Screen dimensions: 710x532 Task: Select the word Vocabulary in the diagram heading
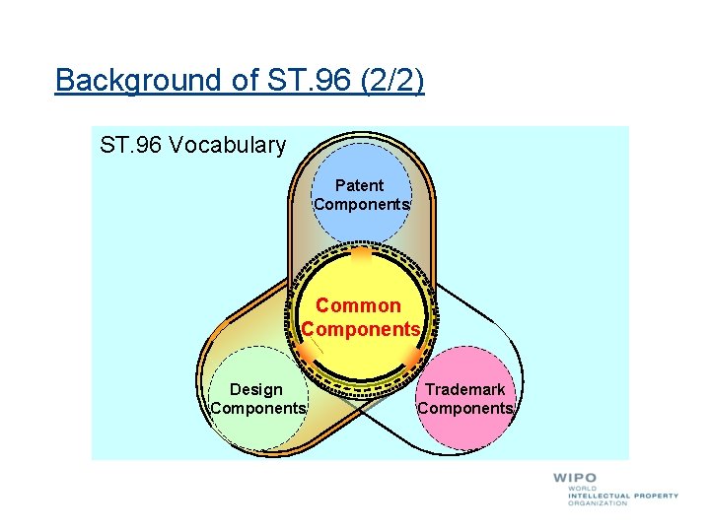[x=227, y=146]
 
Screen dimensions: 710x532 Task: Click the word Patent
[x=360, y=185]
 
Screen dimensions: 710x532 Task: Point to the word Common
[x=359, y=305]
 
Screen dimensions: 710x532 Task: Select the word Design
[x=256, y=389]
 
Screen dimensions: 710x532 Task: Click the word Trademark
[x=465, y=389]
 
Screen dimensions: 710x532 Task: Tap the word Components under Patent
[x=361, y=204]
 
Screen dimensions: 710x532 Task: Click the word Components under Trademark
[x=465, y=408]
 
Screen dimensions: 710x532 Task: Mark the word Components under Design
[x=258, y=408]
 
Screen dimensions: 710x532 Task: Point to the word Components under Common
[x=361, y=329]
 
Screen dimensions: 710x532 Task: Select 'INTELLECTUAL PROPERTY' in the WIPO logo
[x=623, y=496]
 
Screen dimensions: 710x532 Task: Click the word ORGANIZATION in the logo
[x=598, y=502]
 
